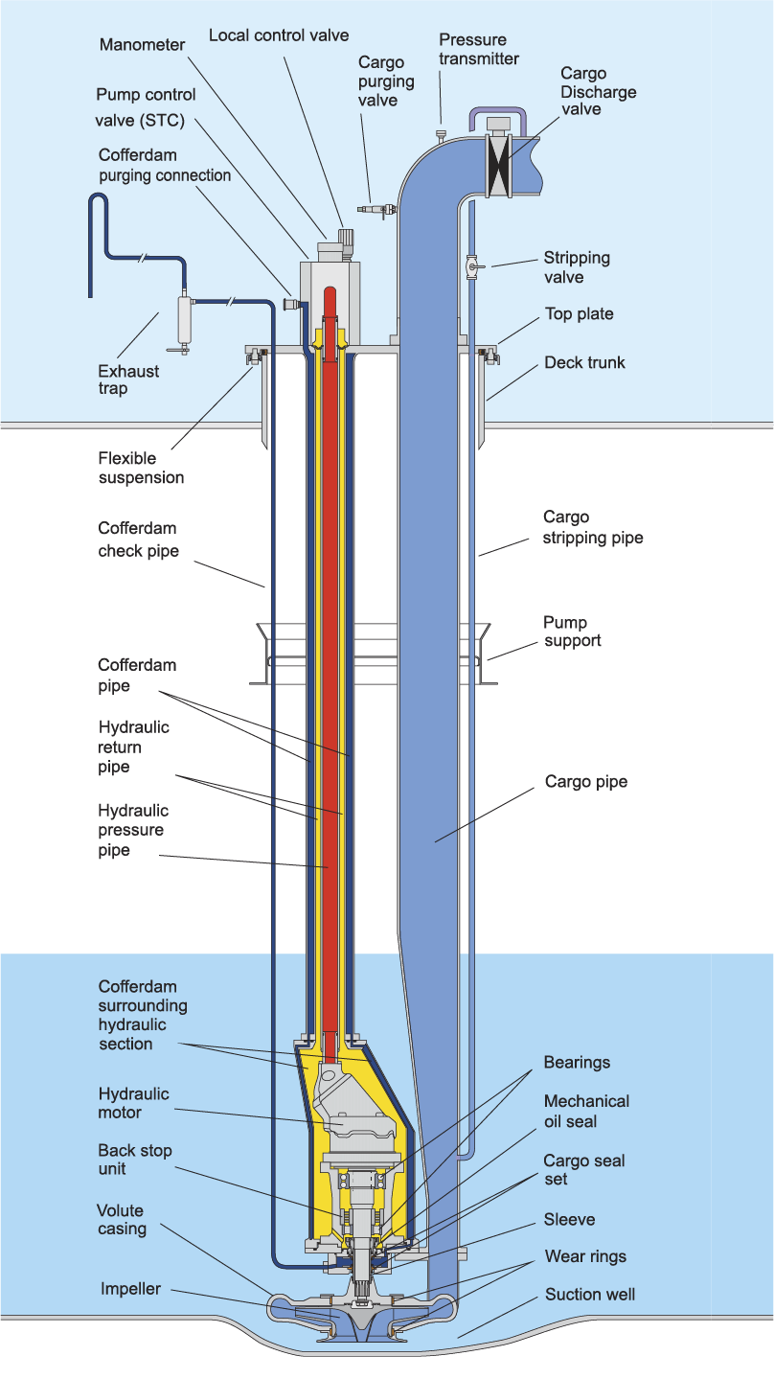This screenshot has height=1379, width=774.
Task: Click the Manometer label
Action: pyautogui.click(x=143, y=44)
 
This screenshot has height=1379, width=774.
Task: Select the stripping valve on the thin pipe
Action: pyautogui.click(x=472, y=266)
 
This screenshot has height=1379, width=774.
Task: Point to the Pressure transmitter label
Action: pyautogui.click(x=479, y=49)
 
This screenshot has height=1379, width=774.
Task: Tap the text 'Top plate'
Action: pyautogui.click(x=579, y=314)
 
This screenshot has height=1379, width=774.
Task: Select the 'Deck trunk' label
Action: pyautogui.click(x=584, y=362)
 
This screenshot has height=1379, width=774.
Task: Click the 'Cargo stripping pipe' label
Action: pyautogui.click(x=592, y=527)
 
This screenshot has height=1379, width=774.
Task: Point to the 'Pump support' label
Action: pyautogui.click(x=573, y=632)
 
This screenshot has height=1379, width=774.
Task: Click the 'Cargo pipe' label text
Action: pyautogui.click(x=586, y=782)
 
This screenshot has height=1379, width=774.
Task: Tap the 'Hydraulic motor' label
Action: pyautogui.click(x=133, y=1103)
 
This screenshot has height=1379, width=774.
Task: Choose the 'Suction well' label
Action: pyautogui.click(x=590, y=1295)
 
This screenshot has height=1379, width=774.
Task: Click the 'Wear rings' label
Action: pyautogui.click(x=585, y=1256)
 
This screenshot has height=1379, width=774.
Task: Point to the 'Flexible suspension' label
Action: pyautogui.click(x=141, y=468)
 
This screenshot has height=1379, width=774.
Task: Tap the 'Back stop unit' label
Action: pyautogui.click(x=135, y=1160)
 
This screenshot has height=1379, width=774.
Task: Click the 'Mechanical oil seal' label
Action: pyautogui.click(x=586, y=1111)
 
